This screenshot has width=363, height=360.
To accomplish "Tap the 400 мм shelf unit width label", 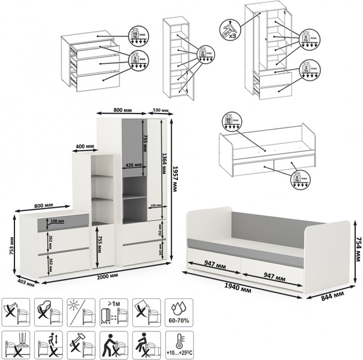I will click(84, 147).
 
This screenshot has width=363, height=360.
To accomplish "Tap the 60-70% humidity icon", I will click(177, 311).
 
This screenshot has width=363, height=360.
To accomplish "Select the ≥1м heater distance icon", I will click(111, 311).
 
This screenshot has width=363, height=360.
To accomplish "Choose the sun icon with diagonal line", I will click(79, 311).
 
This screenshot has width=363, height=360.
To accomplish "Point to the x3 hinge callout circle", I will click(229, 30).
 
